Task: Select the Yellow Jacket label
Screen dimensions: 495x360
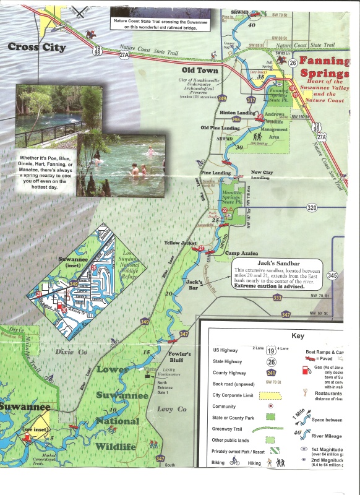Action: click(180, 244)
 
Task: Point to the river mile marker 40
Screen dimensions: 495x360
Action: click(251, 25)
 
